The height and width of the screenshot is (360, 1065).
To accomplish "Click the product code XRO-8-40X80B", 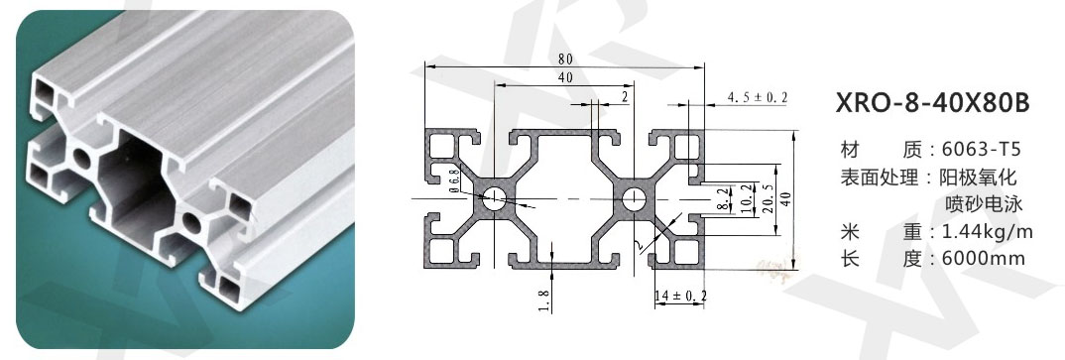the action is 932,103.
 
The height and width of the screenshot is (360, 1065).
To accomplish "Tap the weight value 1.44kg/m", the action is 988,232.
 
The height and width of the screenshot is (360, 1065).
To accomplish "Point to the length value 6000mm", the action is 984,259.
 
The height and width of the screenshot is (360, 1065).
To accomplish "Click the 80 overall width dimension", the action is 565,60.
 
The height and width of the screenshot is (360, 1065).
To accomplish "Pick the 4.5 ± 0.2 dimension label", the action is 758,98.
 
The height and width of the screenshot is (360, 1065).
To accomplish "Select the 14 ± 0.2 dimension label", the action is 680,296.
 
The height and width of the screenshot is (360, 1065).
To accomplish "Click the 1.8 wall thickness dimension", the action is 543,300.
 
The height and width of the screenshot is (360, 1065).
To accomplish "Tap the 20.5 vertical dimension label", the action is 768,198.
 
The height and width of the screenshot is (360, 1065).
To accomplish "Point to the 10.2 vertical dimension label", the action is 747,198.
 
